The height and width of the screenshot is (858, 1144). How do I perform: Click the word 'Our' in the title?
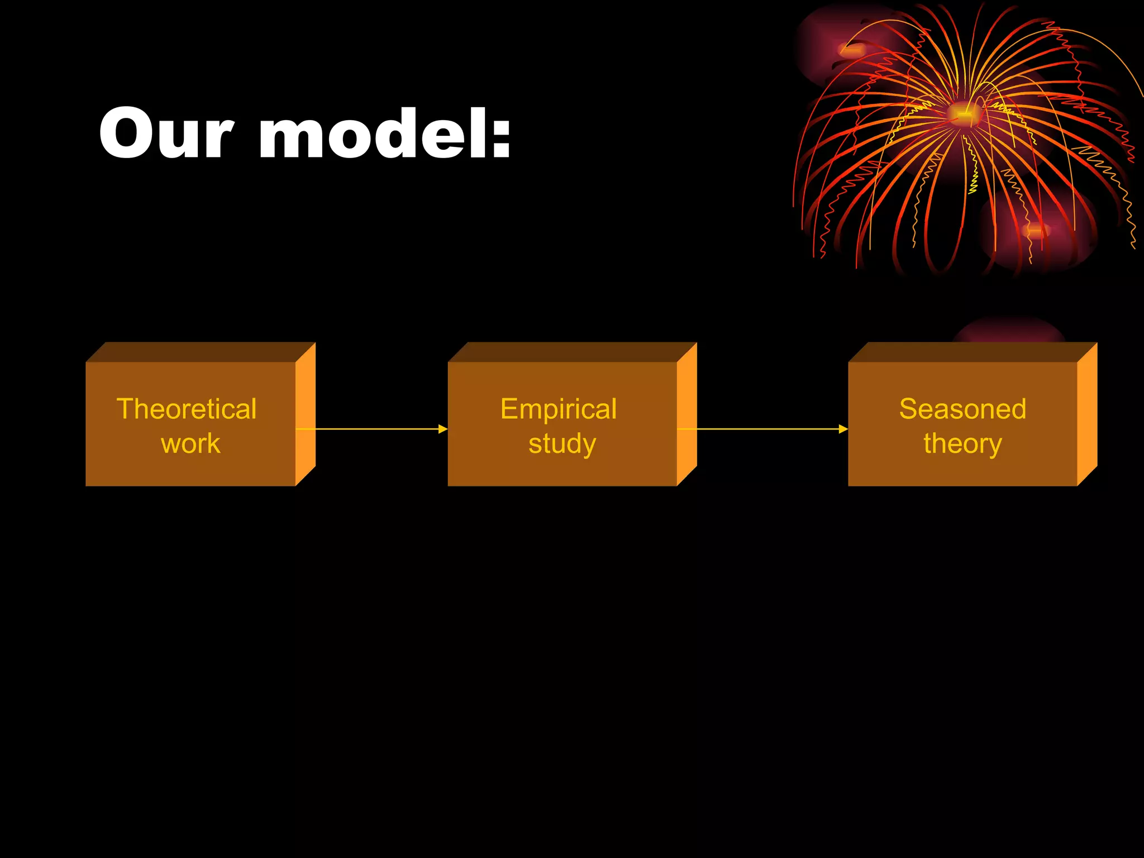(165, 134)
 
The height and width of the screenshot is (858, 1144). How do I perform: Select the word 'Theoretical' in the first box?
(187, 409)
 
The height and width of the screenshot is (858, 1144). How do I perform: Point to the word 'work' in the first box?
(190, 444)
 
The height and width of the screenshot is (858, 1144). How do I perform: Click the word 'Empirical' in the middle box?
(559, 409)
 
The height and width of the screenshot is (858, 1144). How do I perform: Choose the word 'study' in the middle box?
(562, 445)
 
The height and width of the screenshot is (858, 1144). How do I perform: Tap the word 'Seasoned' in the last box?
(962, 409)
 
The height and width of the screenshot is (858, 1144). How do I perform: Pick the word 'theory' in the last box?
(962, 445)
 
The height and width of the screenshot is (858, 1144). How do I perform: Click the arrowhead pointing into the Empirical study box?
(443, 429)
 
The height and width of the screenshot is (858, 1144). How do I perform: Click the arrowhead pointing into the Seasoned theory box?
(843, 429)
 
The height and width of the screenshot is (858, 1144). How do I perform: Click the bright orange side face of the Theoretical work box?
(306, 413)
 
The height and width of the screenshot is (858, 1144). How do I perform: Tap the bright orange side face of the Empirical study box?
(687, 413)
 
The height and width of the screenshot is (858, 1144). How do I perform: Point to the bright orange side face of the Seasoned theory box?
(1087, 413)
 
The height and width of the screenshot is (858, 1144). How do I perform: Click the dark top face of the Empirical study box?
(573, 352)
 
